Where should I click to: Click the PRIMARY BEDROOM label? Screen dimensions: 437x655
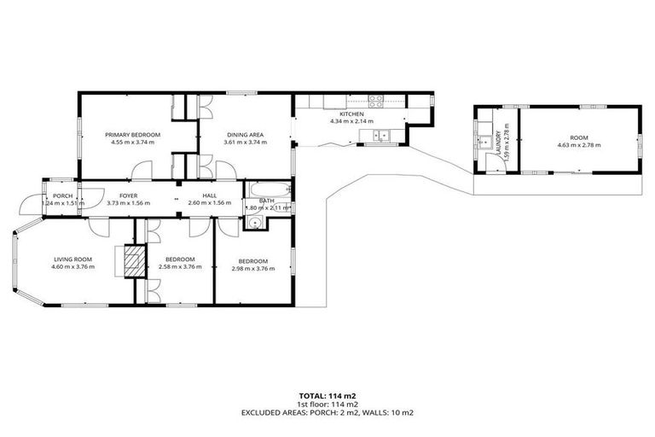132,135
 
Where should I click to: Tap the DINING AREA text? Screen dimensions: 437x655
244,135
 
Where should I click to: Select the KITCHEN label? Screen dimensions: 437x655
351,114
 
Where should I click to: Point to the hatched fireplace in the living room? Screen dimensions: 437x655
132,260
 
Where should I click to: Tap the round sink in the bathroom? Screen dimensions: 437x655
254,221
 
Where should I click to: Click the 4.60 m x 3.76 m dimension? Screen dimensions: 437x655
72,267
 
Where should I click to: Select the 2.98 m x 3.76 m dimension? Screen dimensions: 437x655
253,269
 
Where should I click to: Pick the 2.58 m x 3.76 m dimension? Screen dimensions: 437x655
180,267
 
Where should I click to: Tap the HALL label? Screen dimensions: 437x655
209,195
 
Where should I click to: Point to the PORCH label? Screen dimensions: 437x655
62,195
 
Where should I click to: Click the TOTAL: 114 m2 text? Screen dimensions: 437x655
328,396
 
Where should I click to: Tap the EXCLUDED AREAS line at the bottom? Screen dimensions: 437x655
328,412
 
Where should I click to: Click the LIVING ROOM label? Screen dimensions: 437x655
72,259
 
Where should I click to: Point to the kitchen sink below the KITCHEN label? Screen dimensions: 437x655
385,134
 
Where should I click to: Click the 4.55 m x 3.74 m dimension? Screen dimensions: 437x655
132,143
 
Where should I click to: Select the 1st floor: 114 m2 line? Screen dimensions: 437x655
328,405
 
